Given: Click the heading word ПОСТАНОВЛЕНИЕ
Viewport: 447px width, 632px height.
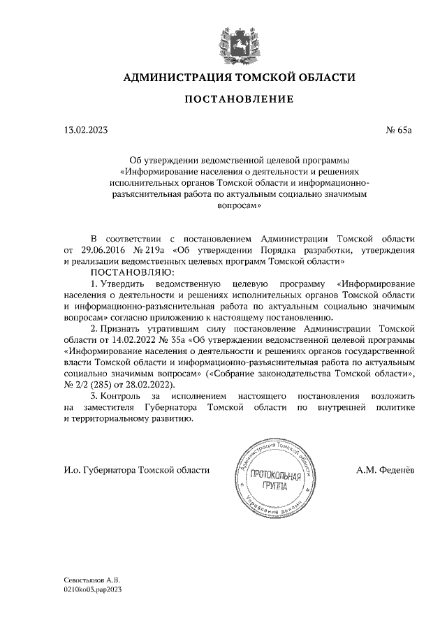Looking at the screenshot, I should tap(239, 101).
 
